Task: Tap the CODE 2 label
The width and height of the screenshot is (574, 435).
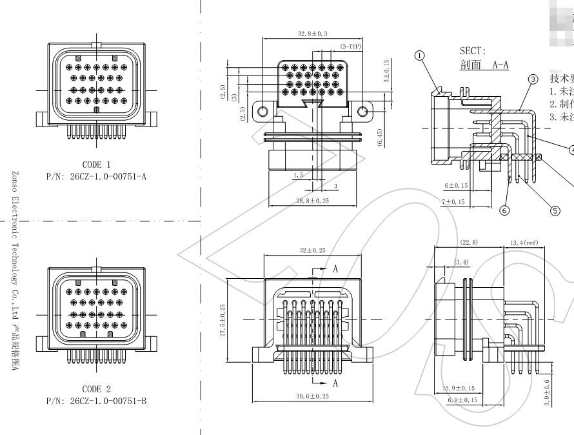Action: pyautogui.click(x=96, y=389)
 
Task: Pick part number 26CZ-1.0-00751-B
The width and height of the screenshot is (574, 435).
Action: pyautogui.click(x=96, y=401)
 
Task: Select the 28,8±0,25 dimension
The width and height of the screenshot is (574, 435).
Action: pyautogui.click(x=313, y=201)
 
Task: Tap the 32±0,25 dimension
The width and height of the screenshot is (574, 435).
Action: pyautogui.click(x=312, y=250)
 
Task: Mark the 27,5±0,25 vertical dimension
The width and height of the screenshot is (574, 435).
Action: pyautogui.click(x=223, y=320)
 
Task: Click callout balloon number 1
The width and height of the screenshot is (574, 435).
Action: pyautogui.click(x=421, y=56)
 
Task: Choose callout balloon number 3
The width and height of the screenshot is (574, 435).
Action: pyautogui.click(x=533, y=79)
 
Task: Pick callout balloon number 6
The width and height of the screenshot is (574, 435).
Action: pyautogui.click(x=504, y=210)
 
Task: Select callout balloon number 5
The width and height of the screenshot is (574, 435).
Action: pyautogui.click(x=555, y=209)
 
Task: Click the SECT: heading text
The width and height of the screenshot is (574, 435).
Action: pyautogui.click(x=472, y=51)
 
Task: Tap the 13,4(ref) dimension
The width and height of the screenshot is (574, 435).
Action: pyautogui.click(x=524, y=243)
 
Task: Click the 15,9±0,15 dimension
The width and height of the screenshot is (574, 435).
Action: pyautogui.click(x=459, y=388)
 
